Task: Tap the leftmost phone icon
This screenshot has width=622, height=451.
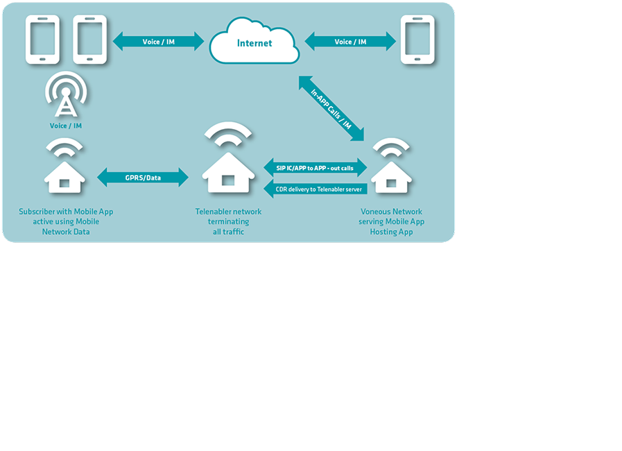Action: click(x=43, y=40)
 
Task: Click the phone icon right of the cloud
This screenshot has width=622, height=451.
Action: click(x=417, y=40)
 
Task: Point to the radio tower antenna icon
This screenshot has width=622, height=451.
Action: click(x=66, y=98)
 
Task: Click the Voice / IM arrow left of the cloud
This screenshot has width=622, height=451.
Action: click(x=158, y=42)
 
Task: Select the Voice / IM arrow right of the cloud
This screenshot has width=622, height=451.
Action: click(x=350, y=42)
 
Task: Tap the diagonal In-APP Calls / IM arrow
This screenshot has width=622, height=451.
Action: click(x=331, y=108)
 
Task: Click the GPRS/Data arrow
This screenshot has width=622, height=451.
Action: click(x=143, y=178)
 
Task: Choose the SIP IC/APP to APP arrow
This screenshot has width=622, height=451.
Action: click(x=316, y=168)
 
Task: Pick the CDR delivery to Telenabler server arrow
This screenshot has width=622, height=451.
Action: click(x=316, y=188)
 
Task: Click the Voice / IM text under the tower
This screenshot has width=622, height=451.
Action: click(x=66, y=126)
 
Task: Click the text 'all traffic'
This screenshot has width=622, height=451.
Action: click(x=228, y=232)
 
